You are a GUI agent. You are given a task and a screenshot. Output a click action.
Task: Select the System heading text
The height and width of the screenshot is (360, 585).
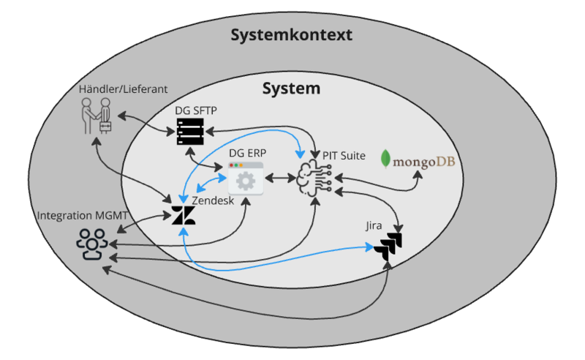coord(291,89)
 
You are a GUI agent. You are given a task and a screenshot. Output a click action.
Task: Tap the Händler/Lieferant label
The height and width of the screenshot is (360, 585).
coord(123,89)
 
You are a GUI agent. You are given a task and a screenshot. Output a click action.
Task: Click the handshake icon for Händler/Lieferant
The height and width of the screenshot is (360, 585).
coord(96,116)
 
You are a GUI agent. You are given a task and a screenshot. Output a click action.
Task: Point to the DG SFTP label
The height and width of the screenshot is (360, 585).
coord(196,110)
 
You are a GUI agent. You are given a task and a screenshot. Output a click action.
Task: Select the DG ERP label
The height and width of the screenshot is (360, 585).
coord(247,153)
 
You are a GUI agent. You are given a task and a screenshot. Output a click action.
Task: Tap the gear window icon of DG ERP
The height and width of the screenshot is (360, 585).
coord(245,178)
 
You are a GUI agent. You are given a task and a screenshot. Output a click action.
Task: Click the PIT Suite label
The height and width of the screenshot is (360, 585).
coord(344,156)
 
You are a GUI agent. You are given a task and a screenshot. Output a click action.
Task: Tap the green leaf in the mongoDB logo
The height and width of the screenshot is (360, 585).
coord(388,159)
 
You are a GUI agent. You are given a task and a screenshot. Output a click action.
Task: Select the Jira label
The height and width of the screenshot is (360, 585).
coord(374,228)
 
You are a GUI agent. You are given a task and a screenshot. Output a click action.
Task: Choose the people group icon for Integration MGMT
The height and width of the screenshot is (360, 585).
coord(91,244)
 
